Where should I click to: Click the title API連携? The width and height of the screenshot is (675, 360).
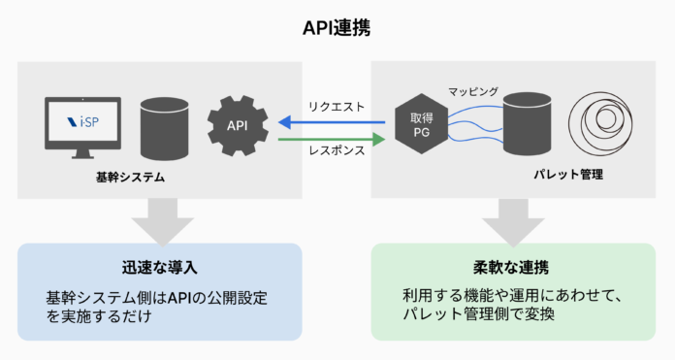click(x=337, y=28)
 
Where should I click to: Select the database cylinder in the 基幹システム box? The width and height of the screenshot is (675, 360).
click(x=162, y=127)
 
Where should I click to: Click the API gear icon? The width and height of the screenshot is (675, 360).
click(x=236, y=126)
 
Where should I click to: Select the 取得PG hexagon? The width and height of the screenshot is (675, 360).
click(x=419, y=124)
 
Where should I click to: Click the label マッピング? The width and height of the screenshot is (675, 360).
click(x=473, y=91)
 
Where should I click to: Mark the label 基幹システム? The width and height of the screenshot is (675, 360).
click(x=130, y=178)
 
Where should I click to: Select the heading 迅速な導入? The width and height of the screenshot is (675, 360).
click(x=159, y=266)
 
